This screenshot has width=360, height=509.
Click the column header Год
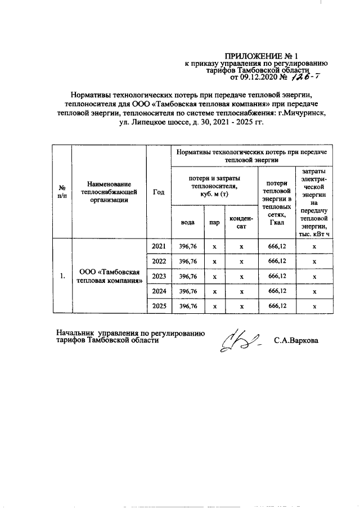[x=158, y=192]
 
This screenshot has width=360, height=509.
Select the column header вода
[x=188, y=222]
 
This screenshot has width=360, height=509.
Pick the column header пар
[x=214, y=222]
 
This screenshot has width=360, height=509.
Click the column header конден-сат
[x=241, y=222]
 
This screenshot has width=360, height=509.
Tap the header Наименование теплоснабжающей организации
[x=109, y=192]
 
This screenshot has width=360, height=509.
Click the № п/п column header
[x=62, y=192]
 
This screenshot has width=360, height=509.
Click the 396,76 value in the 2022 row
[x=188, y=262]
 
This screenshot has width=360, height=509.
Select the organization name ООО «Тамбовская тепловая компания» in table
[x=109, y=276]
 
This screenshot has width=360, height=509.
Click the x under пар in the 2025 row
[x=214, y=306]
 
